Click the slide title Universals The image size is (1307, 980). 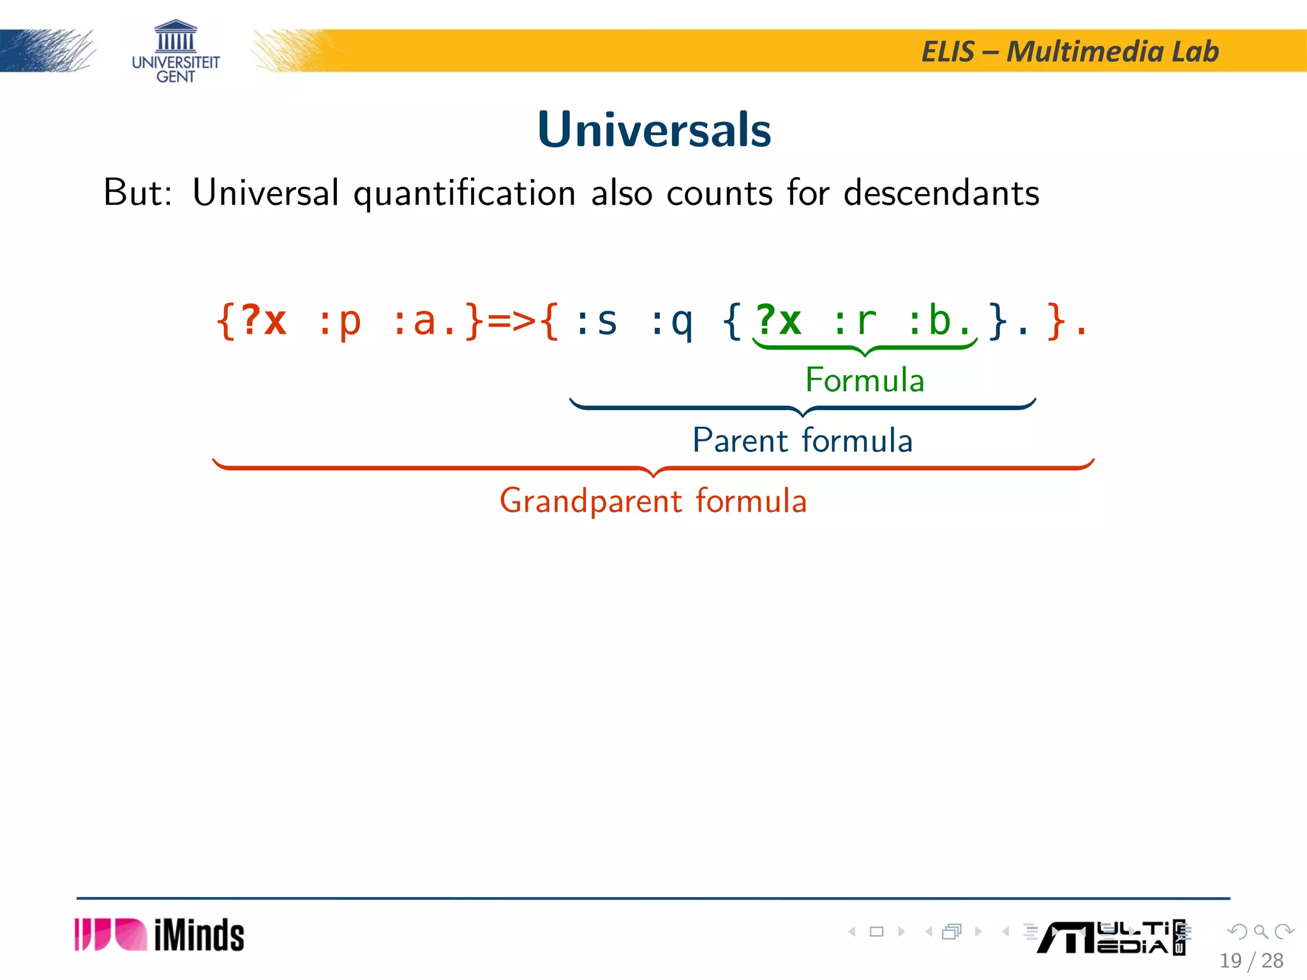click(654, 130)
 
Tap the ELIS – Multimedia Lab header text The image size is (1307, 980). click(1070, 52)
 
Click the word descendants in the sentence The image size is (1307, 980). click(941, 193)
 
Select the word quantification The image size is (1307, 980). click(465, 193)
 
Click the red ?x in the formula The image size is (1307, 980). click(263, 320)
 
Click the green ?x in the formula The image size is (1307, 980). click(778, 320)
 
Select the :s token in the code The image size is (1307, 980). click(596, 320)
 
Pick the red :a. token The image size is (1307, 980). click(424, 320)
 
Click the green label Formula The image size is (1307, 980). click(864, 380)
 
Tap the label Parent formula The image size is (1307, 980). click(802, 440)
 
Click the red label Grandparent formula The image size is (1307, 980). click(653, 501)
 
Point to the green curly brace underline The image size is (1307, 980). click(865, 348)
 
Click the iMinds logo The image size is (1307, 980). click(160, 935)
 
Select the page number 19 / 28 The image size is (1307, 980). click(1251, 960)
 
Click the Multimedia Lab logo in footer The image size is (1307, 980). click(1110, 937)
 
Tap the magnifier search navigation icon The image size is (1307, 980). click(1260, 932)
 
